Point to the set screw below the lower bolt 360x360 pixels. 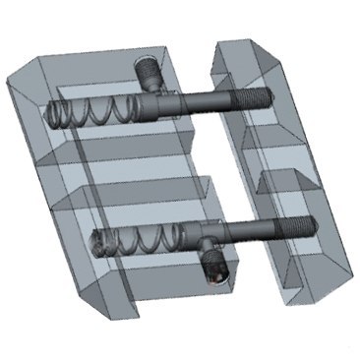[x=214, y=267]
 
